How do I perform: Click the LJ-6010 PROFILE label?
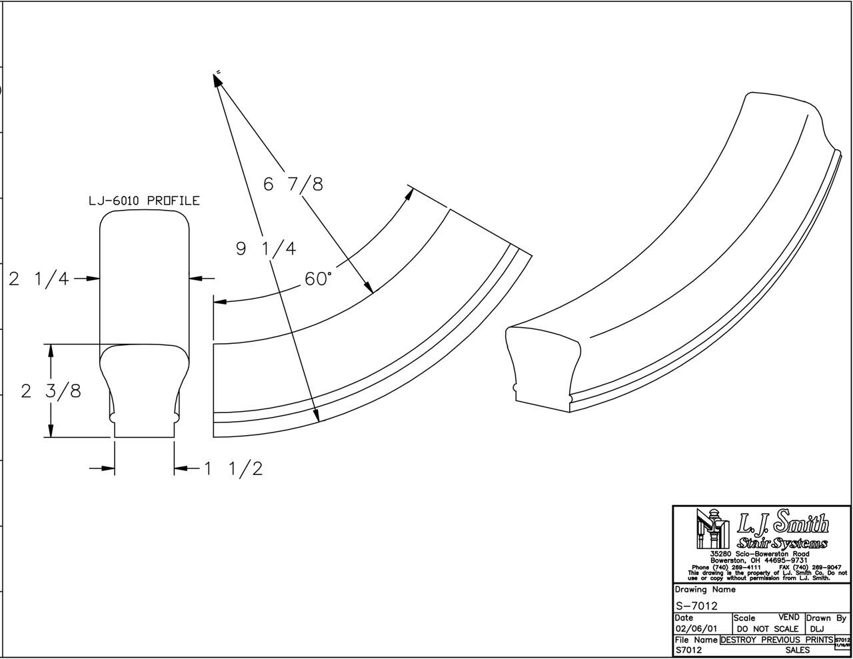[x=144, y=201]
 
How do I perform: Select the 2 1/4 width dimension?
[x=39, y=279]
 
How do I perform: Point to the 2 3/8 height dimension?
[x=51, y=391]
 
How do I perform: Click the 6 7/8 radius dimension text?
[x=293, y=184]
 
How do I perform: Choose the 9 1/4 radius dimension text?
[x=266, y=249]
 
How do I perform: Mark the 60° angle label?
[x=318, y=279]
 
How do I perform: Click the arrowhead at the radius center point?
[x=217, y=79]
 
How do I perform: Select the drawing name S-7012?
[x=696, y=606]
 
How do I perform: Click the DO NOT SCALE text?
[x=767, y=629]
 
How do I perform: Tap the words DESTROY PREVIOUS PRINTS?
[x=776, y=640]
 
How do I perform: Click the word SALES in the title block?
[x=797, y=650]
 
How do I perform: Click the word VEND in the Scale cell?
[x=788, y=618]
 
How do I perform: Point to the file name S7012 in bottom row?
[x=688, y=650]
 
